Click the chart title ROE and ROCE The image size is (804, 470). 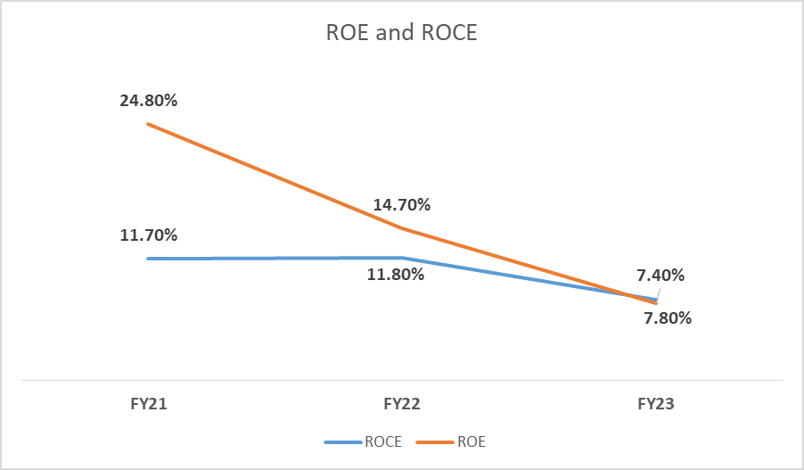click(401, 34)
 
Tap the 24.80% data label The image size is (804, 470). click(148, 100)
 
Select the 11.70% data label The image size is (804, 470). click(148, 235)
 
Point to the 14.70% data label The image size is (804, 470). click(402, 205)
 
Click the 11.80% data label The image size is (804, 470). click(395, 274)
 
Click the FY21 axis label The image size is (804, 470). click(148, 404)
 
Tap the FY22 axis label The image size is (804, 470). click(402, 404)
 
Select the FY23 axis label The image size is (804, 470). click(656, 404)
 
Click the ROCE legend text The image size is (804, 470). click(382, 441)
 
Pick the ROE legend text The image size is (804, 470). click(472, 441)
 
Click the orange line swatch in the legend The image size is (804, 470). click(437, 441)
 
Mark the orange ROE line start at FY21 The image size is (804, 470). click(148, 124)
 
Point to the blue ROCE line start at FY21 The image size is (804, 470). click(148, 259)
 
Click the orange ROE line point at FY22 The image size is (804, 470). click(402, 228)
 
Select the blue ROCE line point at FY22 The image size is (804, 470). click(402, 258)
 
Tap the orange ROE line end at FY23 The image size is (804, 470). click(656, 303)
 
